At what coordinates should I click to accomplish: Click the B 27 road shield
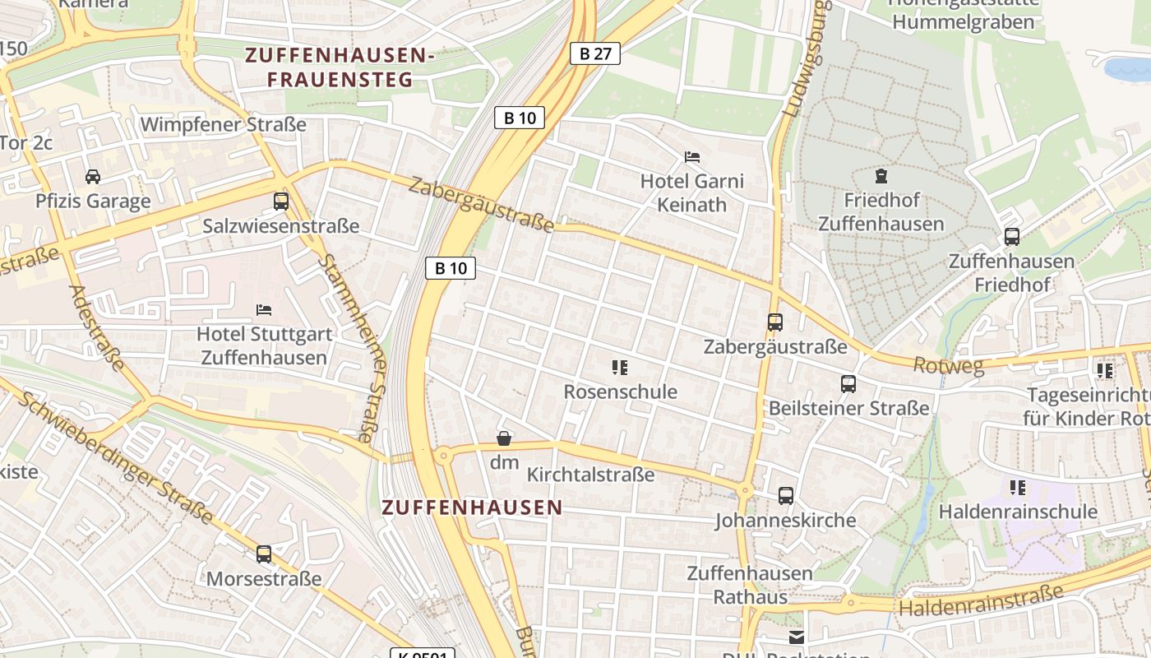(595, 53)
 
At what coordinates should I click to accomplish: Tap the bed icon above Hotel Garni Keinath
(692, 156)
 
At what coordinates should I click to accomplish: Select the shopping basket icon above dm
(504, 438)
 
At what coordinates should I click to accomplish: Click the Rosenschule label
(620, 392)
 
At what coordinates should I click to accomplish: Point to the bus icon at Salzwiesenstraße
(281, 201)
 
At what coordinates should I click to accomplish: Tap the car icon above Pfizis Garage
(93, 176)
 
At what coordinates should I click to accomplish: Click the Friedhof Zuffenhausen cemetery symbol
(881, 175)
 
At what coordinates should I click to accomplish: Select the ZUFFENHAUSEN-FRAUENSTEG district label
(340, 67)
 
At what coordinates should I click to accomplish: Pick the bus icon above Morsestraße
(263, 554)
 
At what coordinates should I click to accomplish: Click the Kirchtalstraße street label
(590, 475)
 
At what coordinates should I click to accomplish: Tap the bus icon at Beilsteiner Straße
(848, 383)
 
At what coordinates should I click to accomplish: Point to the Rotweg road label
(949, 365)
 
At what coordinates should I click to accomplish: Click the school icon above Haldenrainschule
(1018, 487)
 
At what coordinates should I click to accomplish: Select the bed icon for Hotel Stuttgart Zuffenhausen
(264, 309)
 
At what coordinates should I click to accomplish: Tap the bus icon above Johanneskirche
(786, 495)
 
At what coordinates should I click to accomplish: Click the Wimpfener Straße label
(224, 124)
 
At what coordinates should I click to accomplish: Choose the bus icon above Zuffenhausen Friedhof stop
(1012, 237)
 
